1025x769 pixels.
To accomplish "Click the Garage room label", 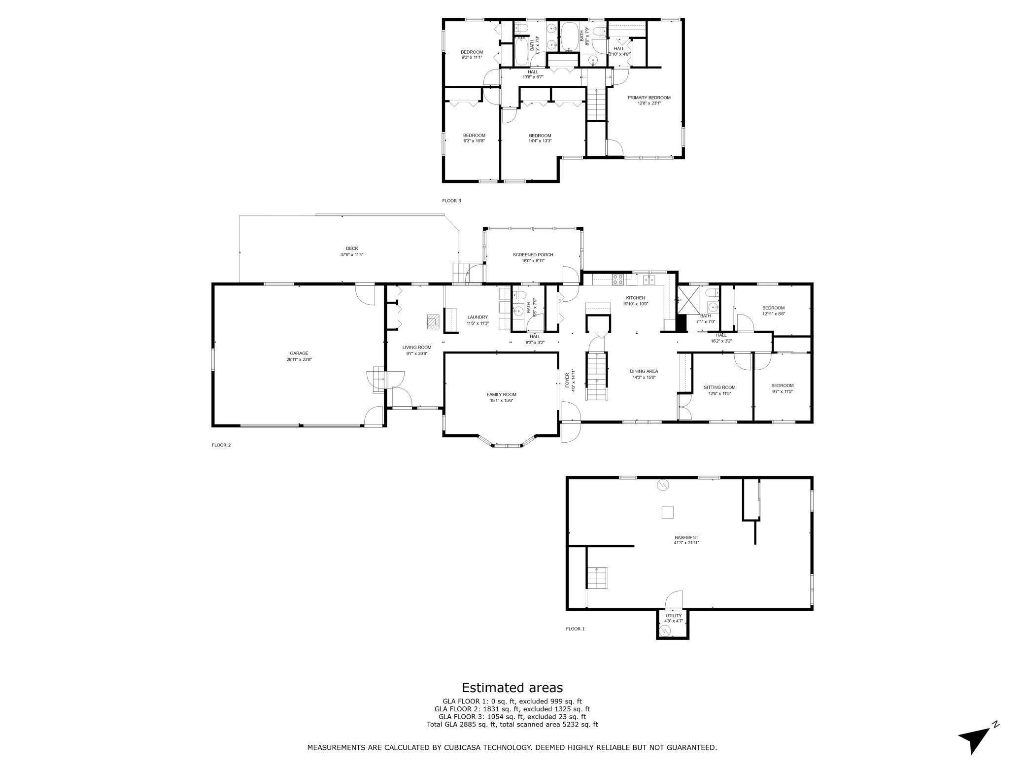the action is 299,356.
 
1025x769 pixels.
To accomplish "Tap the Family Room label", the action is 502,397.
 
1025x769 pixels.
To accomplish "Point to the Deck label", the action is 352,251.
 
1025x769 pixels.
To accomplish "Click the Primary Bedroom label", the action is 649,100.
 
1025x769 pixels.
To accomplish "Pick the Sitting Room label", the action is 719,390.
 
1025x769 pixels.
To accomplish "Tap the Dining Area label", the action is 644,374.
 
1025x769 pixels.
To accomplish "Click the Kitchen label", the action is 636,301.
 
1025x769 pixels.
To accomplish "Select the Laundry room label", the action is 478,320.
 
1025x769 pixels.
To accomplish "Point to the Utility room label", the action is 674,618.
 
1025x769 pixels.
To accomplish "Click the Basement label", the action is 686,540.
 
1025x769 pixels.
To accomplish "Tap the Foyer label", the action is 570,379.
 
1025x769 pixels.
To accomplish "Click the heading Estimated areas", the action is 512,687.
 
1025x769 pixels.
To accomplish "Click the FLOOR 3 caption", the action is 452,201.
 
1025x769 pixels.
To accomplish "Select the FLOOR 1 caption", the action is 576,629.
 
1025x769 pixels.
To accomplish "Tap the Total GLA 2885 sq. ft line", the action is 512,724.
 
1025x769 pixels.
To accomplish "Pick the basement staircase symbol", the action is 597,577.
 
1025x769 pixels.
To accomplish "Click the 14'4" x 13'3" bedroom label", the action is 540,138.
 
